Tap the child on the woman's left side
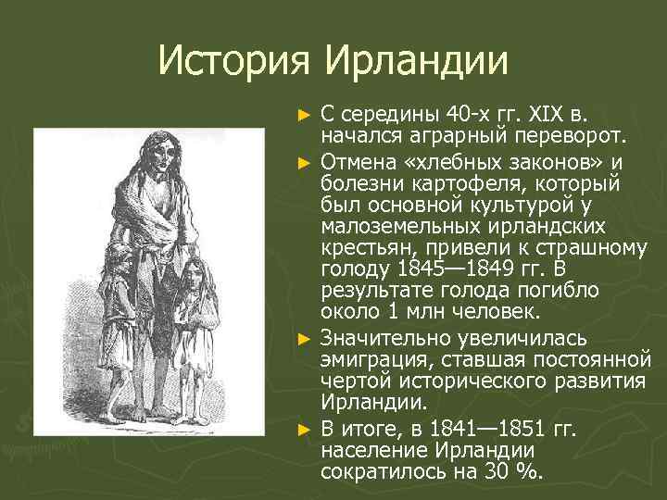[x=120, y=306]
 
